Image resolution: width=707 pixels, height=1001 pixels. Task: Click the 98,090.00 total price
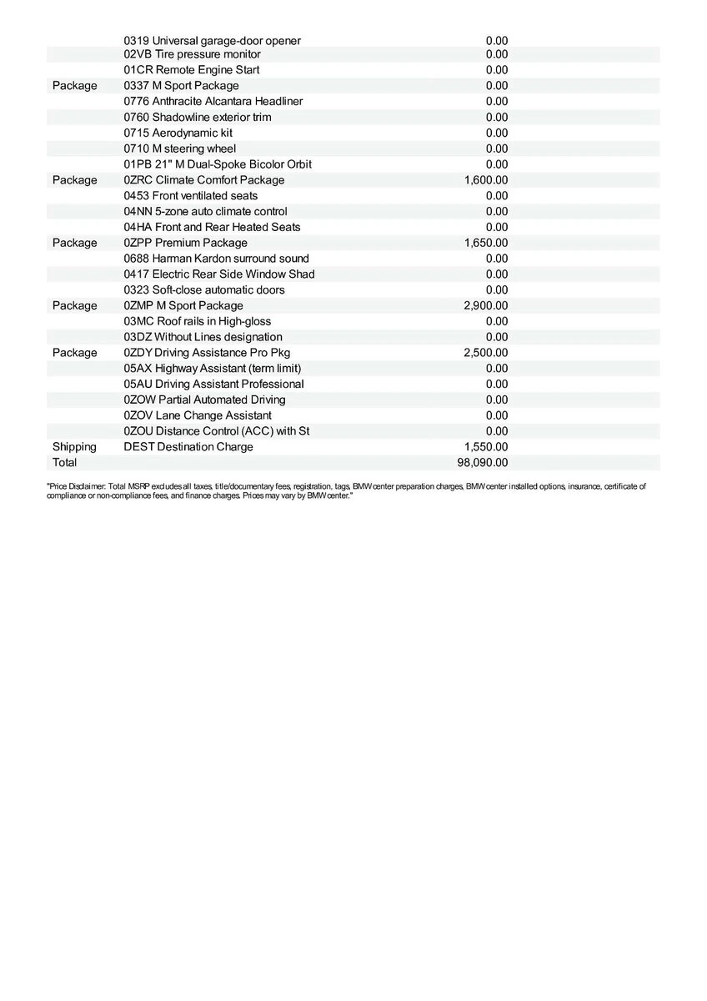click(x=485, y=462)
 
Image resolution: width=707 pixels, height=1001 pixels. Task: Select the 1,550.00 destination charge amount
click(x=485, y=446)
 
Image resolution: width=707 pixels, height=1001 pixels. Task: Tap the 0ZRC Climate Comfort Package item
click(x=203, y=179)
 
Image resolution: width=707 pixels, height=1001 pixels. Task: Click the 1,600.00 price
click(x=485, y=179)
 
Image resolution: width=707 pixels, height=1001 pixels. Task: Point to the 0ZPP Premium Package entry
click(x=185, y=243)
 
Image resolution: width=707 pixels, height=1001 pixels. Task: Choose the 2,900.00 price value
click(x=485, y=305)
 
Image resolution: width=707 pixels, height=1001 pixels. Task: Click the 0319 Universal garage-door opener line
click(x=212, y=40)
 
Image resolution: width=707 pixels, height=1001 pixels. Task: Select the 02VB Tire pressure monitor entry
click(x=192, y=54)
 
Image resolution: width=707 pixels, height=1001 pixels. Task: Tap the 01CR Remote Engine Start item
click(x=191, y=70)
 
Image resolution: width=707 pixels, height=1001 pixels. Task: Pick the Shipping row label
click(x=74, y=446)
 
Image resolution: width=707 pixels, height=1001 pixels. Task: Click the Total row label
click(x=64, y=462)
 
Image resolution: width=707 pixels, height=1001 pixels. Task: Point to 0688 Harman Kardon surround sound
click(x=216, y=259)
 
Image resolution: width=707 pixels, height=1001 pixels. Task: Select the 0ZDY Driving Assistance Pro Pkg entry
click(x=207, y=353)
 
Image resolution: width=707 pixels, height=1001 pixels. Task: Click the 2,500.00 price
click(x=485, y=353)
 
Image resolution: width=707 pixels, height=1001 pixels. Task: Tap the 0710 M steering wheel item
click(x=179, y=148)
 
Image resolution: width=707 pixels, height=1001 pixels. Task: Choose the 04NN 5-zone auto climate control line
click(x=205, y=211)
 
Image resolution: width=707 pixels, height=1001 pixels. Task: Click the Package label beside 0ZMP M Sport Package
click(x=74, y=305)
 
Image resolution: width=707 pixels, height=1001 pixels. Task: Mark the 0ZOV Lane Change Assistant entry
click(x=198, y=415)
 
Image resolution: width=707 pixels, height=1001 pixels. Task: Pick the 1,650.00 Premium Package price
click(x=485, y=243)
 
